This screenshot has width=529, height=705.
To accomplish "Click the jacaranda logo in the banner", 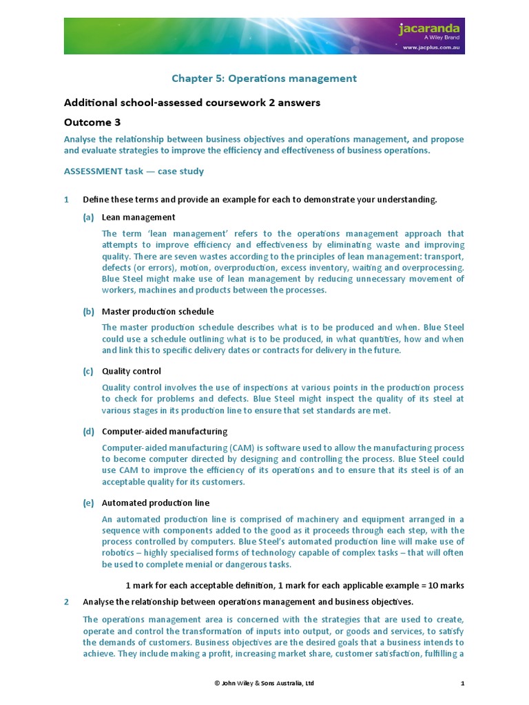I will tap(431, 30).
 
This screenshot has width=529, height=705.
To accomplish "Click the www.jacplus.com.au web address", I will tap(431, 48).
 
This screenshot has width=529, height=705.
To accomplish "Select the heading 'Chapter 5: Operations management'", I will tap(263, 78).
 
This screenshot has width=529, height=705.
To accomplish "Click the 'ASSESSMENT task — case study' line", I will tap(134, 171).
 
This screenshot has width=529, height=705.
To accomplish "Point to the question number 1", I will tap(67, 200).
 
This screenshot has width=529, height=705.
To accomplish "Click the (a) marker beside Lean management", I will tap(88, 218).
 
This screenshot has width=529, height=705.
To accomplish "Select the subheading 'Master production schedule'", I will tap(158, 311).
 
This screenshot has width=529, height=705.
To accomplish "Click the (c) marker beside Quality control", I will tap(88, 371).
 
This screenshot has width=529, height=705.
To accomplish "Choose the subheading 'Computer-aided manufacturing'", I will tap(165, 432).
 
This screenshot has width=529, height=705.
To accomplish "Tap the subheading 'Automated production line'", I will tap(156, 503).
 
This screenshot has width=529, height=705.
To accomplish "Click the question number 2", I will tap(67, 602).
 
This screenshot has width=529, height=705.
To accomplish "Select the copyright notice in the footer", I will tap(264, 684).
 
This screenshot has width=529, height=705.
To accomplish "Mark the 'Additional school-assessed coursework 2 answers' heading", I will tap(192, 103).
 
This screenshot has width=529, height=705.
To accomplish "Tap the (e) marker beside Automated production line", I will tap(88, 503).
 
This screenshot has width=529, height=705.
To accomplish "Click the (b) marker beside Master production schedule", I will tap(88, 311).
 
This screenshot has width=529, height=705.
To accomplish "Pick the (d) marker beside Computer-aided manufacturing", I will tap(88, 432).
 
